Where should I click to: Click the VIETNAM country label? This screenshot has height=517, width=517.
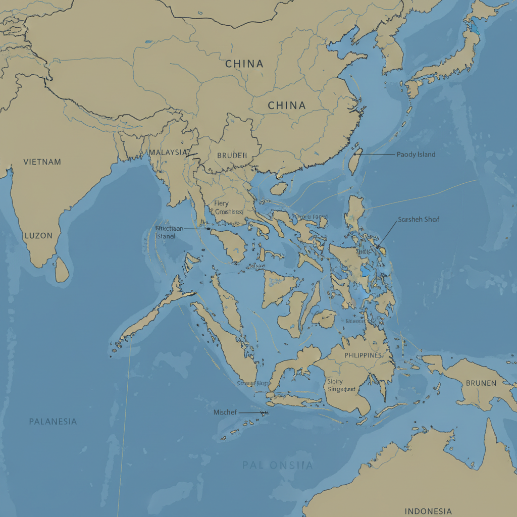click(x=42, y=162)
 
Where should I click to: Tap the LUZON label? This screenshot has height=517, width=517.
click(x=38, y=236)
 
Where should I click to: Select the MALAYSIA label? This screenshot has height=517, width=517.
click(x=168, y=152)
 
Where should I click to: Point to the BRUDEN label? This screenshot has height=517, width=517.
click(x=232, y=156)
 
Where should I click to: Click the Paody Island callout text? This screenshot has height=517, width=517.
click(x=416, y=154)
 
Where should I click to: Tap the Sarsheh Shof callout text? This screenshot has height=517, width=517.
click(x=419, y=220)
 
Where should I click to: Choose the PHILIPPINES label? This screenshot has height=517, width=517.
click(x=363, y=355)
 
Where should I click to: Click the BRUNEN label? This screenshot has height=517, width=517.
click(x=481, y=383)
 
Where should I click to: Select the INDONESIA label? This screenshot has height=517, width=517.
click(x=428, y=511)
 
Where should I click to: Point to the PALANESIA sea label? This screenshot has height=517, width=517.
click(x=53, y=421)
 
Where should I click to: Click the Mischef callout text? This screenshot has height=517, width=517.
click(x=225, y=412)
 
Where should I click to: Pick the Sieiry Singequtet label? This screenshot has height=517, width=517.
click(x=341, y=385)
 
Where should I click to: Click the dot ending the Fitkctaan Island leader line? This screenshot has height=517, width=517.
click(x=209, y=229)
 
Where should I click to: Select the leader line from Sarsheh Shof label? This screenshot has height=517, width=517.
click(x=387, y=235)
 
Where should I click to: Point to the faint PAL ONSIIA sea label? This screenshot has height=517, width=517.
click(x=277, y=465)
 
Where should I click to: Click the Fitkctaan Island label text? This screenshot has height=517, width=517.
click(x=169, y=232)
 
